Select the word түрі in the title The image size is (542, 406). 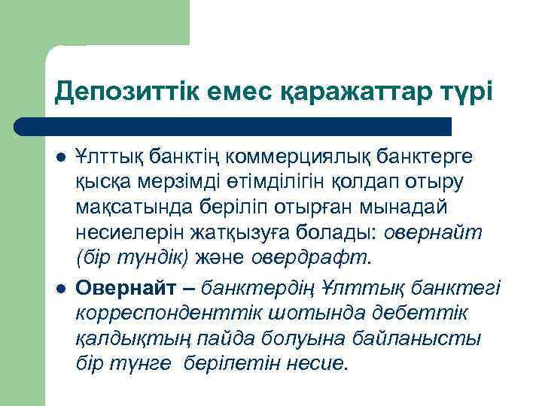pos(464,92)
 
